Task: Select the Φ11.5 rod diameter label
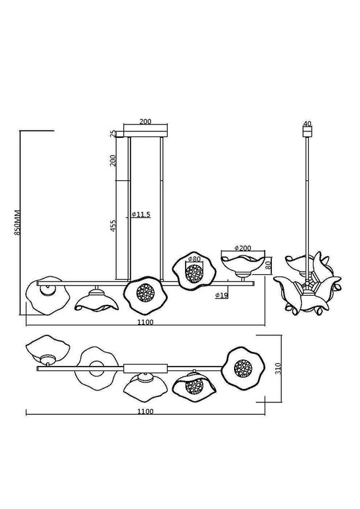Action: (141, 215)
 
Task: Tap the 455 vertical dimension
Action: (113, 225)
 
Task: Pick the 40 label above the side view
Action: (306, 123)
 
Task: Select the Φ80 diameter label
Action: (194, 258)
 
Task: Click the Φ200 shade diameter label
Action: (245, 248)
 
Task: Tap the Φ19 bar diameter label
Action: (222, 295)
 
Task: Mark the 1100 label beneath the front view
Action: (145, 322)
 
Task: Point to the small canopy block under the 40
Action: (306, 131)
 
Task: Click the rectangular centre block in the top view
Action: (145, 366)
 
